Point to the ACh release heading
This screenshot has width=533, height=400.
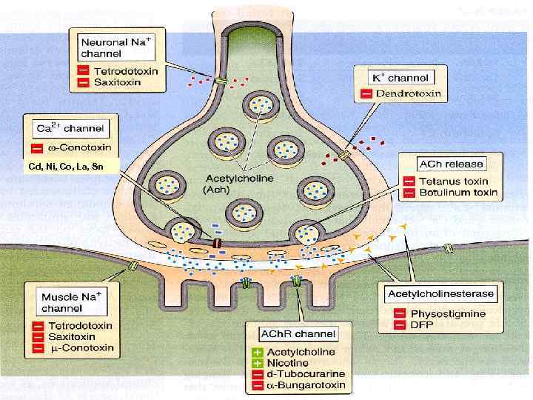pyautogui.click(x=451, y=164)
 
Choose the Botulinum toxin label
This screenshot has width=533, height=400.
pyautogui.click(x=459, y=193)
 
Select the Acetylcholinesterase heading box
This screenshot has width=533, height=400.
pyautogui.click(x=441, y=294)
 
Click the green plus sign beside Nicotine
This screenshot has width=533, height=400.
pyautogui.click(x=258, y=363)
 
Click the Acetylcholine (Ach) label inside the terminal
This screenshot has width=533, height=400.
pyautogui.click(x=236, y=184)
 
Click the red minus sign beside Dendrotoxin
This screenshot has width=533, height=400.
pyautogui.click(x=366, y=94)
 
